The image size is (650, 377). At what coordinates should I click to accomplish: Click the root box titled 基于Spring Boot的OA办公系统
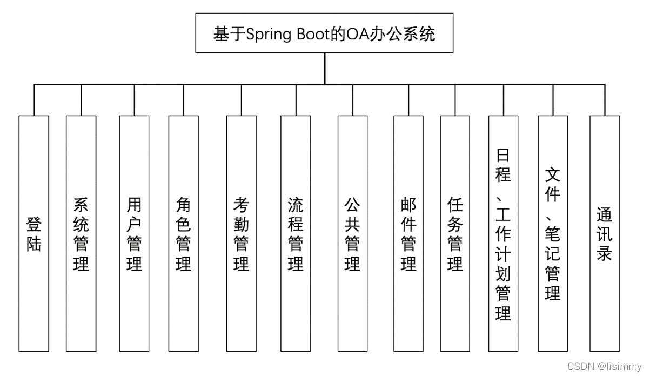[x=324, y=33]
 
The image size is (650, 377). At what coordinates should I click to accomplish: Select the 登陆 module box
[x=34, y=233]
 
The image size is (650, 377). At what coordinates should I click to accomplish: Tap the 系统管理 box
[x=81, y=233]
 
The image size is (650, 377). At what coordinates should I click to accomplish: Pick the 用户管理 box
[x=134, y=233]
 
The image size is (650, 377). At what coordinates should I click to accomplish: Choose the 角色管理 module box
[x=183, y=233]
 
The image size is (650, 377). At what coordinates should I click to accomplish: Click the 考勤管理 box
[x=241, y=233]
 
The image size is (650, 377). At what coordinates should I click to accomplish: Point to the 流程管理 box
[x=296, y=233]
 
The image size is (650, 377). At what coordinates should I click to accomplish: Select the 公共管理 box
[x=352, y=233]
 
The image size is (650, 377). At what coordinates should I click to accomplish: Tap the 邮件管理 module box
[x=408, y=233]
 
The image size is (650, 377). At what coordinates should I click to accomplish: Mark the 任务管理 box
[x=455, y=233]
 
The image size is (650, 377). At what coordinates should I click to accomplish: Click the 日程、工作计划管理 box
[x=503, y=233]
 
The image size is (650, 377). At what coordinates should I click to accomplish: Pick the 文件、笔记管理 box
[x=553, y=233]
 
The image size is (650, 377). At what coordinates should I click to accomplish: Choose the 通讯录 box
[x=604, y=233]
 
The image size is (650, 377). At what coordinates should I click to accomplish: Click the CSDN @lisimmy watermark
[x=604, y=366]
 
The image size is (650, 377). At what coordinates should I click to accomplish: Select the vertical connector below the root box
[x=324, y=68]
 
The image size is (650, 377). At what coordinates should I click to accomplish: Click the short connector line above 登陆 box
[x=34, y=100]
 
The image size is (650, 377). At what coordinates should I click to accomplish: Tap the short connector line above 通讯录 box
[x=604, y=100]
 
